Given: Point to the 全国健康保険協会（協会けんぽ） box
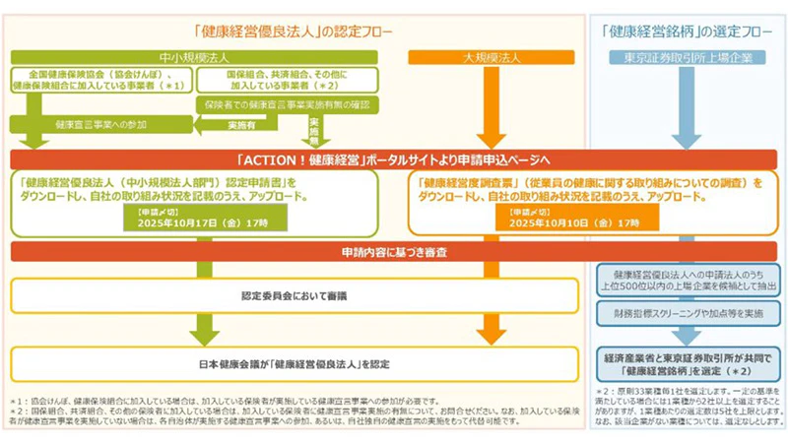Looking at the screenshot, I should pyautogui.click(x=102, y=81).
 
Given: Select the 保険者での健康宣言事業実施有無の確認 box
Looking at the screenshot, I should pyautogui.click(x=287, y=103).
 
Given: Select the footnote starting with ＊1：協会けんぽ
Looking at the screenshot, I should pyautogui.click(x=295, y=403).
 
